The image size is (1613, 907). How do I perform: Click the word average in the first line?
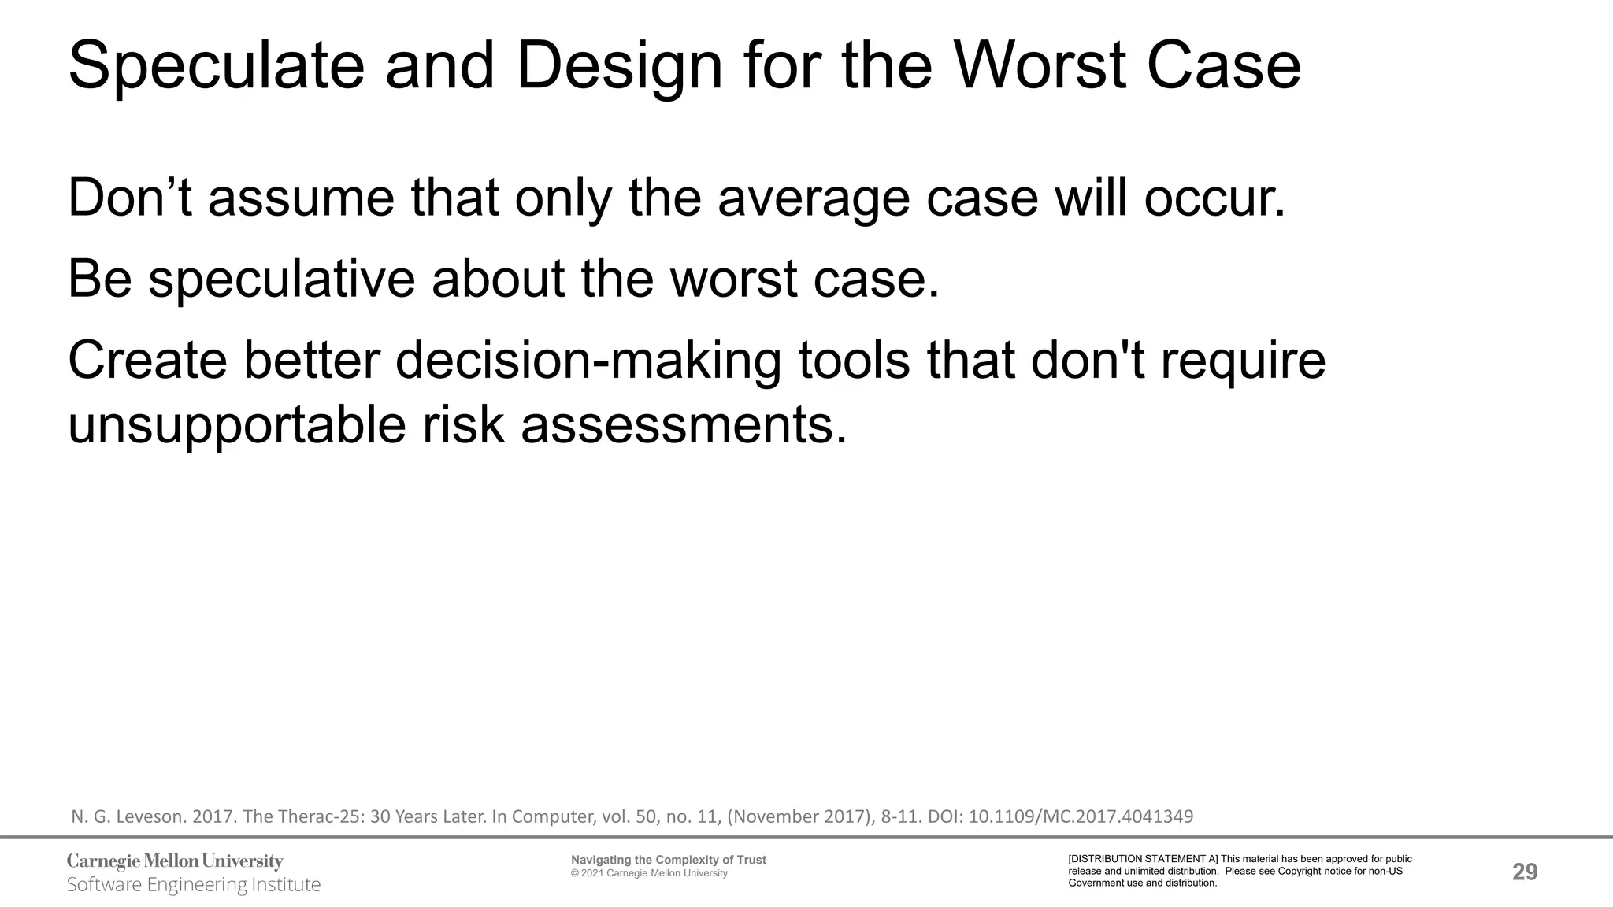click(814, 200)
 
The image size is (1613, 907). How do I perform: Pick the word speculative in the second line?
click(281, 280)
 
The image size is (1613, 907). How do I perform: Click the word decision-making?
click(588, 361)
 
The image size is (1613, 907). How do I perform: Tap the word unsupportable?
click(237, 426)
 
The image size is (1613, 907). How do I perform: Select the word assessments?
click(684, 426)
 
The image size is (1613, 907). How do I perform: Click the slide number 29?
click(1525, 872)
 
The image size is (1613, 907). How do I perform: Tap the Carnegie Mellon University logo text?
click(175, 861)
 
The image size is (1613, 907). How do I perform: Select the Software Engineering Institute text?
click(194, 885)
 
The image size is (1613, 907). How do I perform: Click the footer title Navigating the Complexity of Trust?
click(668, 860)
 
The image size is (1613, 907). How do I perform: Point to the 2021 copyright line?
click(649, 873)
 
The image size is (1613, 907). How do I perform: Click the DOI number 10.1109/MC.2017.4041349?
click(1081, 816)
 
